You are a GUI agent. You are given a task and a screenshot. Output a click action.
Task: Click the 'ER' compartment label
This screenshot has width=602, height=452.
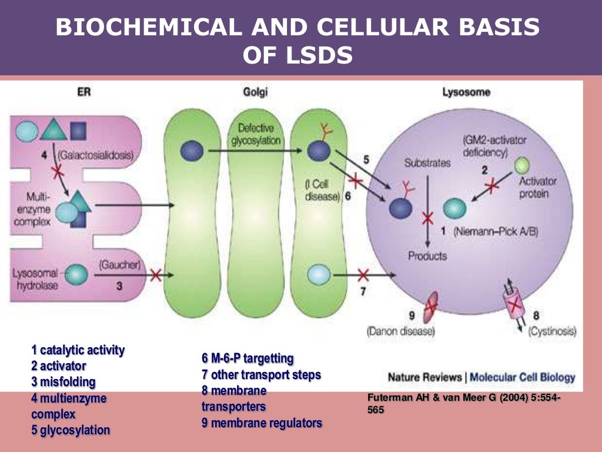pyautogui.click(x=84, y=92)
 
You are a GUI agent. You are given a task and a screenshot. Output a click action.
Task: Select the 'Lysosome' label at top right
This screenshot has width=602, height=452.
pyautogui.click(x=466, y=92)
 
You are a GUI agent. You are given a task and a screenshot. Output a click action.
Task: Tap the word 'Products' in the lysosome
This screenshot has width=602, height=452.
pyautogui.click(x=427, y=256)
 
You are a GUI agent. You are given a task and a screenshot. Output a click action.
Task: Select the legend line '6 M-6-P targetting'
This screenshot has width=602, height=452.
pyautogui.click(x=248, y=358)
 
